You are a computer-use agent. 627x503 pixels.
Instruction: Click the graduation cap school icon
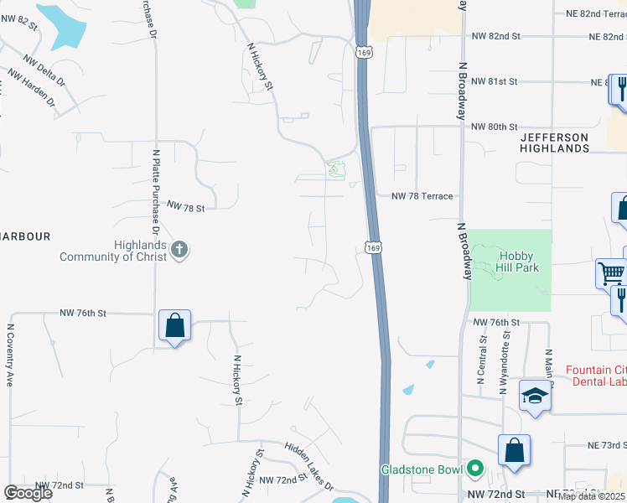tap(535, 397)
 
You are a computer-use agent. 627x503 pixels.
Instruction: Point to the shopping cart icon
tap(610, 273)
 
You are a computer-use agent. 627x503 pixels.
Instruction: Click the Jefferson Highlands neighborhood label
tap(554, 143)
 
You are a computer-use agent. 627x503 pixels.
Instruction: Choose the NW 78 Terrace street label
tap(422, 196)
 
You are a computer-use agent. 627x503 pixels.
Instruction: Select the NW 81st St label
tap(495, 81)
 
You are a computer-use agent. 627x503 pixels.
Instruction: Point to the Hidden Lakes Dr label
tap(308, 466)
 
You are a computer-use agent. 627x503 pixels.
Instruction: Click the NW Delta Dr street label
tap(41, 71)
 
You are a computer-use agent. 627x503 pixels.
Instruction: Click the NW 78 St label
tap(186, 205)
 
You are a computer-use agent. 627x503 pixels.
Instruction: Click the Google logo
tap(28, 493)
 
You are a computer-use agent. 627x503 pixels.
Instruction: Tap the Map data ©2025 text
tap(590, 496)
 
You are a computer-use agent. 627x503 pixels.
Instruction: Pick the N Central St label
tap(481, 359)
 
